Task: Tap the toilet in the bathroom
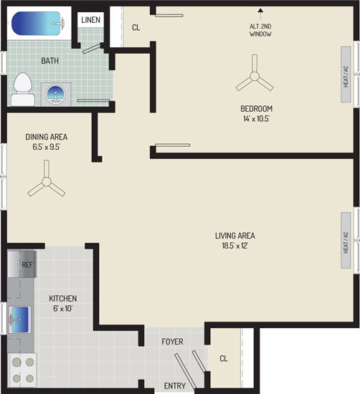pyautogui.click(x=23, y=90)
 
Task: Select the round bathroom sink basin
pyautogui.click(x=56, y=95)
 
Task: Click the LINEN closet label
pyautogui.click(x=90, y=20)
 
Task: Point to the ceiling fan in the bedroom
pyautogui.click(x=255, y=76)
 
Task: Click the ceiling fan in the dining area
pyautogui.click(x=47, y=181)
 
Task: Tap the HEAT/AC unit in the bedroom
pyautogui.click(x=346, y=75)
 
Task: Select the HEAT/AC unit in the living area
pyautogui.click(x=346, y=240)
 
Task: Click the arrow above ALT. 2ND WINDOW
pyautogui.click(x=260, y=14)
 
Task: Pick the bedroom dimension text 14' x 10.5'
pyautogui.click(x=256, y=119)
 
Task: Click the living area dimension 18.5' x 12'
pyautogui.click(x=235, y=245)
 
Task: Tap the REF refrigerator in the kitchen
pyautogui.click(x=22, y=264)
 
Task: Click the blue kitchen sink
pyautogui.click(x=20, y=319)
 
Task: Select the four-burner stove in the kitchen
pyautogui.click(x=23, y=370)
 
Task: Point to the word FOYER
pyautogui.click(x=172, y=342)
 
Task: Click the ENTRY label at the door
pyautogui.click(x=175, y=385)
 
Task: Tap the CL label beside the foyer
pyautogui.click(x=224, y=358)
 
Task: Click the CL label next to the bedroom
pyautogui.click(x=136, y=27)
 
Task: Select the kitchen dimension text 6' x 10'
pyautogui.click(x=63, y=308)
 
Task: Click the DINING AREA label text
pyautogui.click(x=47, y=137)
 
